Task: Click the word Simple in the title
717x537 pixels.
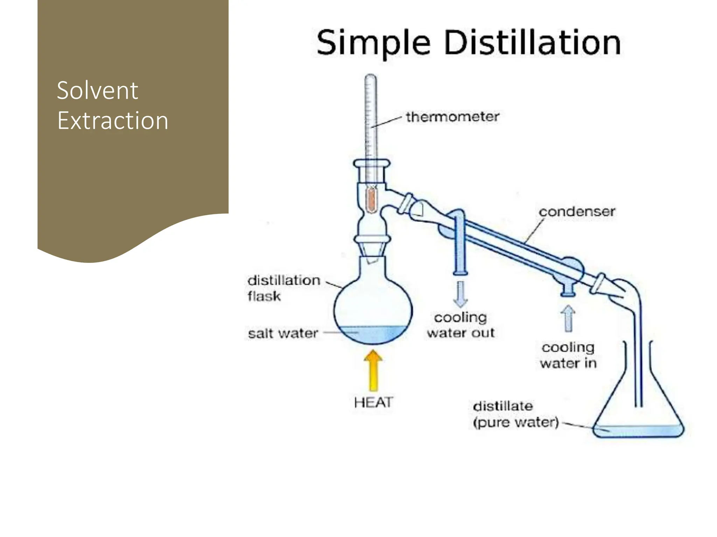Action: (373, 43)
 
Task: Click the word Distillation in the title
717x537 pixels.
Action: (532, 43)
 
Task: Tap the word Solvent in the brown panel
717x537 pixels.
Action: (97, 91)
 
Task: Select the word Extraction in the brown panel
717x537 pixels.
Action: (113, 121)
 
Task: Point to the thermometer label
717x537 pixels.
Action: (452, 117)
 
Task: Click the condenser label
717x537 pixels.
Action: (577, 212)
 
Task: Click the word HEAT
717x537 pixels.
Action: (374, 402)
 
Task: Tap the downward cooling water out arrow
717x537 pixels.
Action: (460, 294)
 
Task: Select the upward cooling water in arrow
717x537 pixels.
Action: (568, 318)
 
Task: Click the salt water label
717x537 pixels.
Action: (283, 333)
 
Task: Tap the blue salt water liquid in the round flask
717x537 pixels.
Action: (373, 335)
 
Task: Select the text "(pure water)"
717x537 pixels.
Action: (515, 422)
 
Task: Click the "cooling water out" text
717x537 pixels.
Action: (460, 325)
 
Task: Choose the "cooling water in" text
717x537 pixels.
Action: (568, 355)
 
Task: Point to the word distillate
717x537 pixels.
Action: (503, 406)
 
